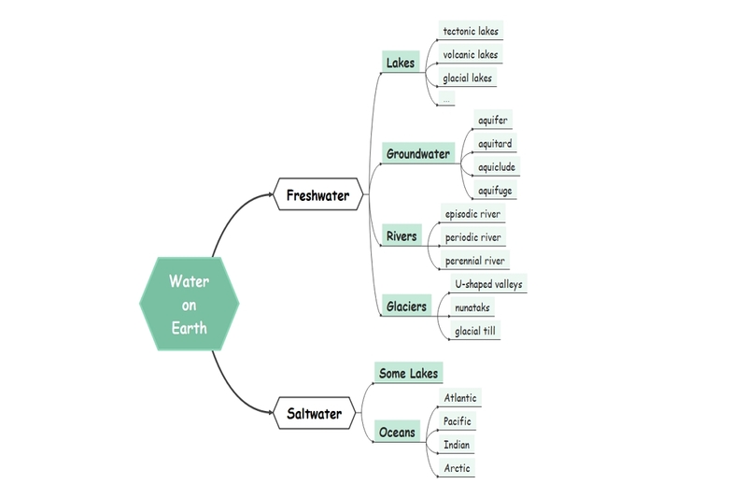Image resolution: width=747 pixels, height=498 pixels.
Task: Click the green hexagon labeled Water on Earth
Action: click(x=189, y=305)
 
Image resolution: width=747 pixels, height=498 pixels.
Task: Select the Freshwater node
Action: click(x=317, y=195)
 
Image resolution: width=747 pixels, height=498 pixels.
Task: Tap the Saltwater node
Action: click(x=314, y=413)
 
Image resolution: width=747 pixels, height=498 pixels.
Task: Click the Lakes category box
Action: click(x=400, y=64)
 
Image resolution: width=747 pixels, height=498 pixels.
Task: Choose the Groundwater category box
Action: click(x=417, y=153)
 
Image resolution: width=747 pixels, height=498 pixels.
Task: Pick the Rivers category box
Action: click(x=402, y=236)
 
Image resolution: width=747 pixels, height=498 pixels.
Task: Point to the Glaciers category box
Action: click(x=406, y=306)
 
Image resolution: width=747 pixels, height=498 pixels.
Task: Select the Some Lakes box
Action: click(x=408, y=373)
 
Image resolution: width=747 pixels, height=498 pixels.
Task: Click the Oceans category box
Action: click(x=397, y=433)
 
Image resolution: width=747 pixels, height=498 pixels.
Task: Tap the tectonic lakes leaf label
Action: click(x=471, y=31)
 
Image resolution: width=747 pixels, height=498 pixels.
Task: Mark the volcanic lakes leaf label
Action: click(x=471, y=54)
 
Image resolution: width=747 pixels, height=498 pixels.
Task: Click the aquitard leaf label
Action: click(x=494, y=144)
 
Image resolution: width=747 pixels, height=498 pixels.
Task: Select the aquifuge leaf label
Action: click(x=494, y=191)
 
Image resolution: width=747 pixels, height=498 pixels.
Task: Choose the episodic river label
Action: click(x=472, y=214)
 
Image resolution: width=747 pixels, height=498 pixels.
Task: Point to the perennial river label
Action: click(x=475, y=261)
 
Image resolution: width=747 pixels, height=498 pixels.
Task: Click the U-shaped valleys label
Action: click(x=488, y=284)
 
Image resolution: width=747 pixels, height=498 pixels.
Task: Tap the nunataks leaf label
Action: click(x=472, y=307)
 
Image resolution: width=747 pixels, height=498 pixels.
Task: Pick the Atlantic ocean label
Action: click(x=459, y=398)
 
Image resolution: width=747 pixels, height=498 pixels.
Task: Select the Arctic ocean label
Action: click(x=457, y=468)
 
